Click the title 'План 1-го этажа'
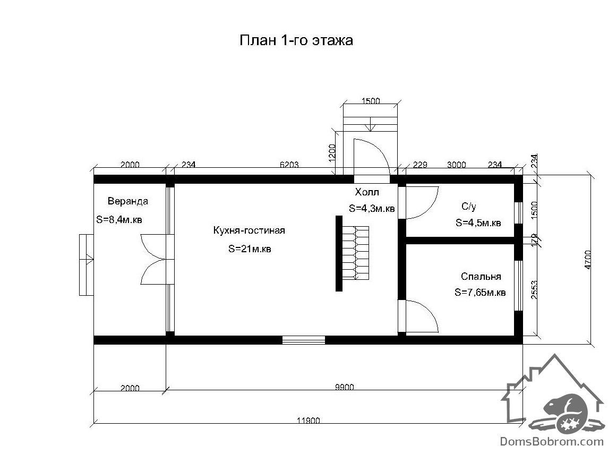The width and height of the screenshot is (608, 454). pos(296,40)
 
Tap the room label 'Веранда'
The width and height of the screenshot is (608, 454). pos(128,201)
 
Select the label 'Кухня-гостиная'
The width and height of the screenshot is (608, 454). pos(249,230)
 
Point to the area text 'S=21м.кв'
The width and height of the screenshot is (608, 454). pos(250,249)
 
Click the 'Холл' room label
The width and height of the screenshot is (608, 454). pos(367,192)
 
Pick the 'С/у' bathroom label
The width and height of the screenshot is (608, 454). pos(469,207)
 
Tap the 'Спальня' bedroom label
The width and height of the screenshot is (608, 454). pos(481,277)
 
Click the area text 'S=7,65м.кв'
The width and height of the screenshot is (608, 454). pos(480,293)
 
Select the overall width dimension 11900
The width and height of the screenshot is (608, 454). pos(309,420)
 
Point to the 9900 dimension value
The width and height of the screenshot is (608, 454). pos(344,387)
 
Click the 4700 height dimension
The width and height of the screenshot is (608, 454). pos(588,260)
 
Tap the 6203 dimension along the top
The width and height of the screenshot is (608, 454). pos(289,165)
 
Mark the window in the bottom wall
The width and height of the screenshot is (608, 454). pos(304,340)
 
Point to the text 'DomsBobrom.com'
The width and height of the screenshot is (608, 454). pos(552,441)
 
